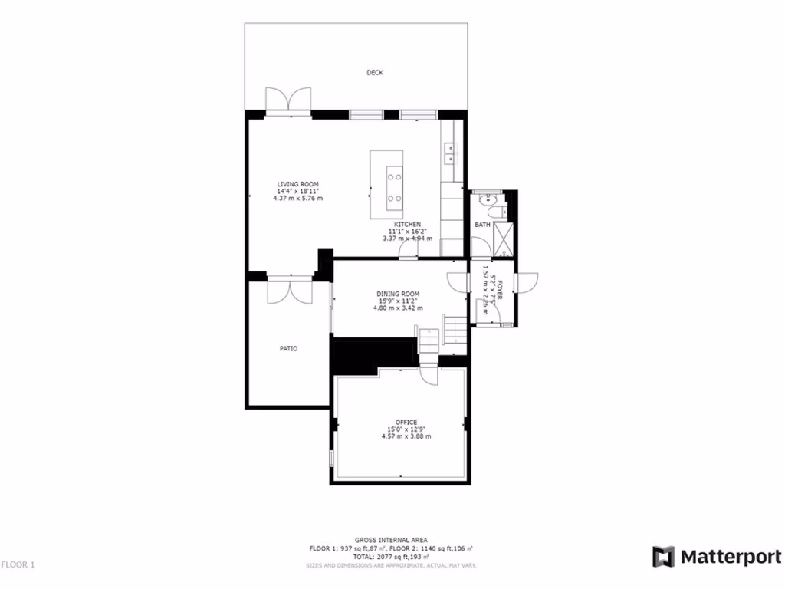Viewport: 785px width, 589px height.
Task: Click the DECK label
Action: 374,73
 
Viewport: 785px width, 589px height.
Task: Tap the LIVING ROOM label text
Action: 297,184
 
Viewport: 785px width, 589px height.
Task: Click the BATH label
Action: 482,225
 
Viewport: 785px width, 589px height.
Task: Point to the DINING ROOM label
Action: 398,294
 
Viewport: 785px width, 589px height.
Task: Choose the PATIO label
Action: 288,348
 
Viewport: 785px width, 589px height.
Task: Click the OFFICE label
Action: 406,423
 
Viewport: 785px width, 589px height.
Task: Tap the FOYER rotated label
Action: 499,294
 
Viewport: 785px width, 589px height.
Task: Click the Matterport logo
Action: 717,558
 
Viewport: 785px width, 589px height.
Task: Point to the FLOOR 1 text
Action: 18,565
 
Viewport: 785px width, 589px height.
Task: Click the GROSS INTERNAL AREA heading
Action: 391,540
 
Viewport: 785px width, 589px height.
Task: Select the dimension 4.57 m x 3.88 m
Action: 406,436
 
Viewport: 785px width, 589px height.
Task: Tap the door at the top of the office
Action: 429,375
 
